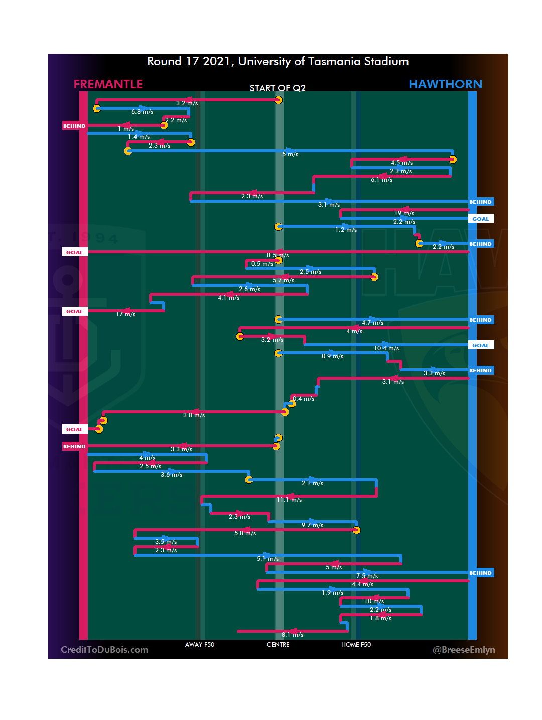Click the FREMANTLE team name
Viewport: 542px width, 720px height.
click(x=108, y=84)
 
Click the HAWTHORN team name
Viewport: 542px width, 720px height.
click(x=445, y=84)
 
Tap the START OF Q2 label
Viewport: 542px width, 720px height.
click(x=278, y=88)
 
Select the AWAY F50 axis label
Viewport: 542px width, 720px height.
click(x=200, y=645)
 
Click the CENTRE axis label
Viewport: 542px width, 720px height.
click(x=278, y=645)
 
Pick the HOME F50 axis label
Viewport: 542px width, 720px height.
click(x=356, y=645)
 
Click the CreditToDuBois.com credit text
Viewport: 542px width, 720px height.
click(x=104, y=650)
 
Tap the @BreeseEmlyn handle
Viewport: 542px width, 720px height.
click(x=464, y=650)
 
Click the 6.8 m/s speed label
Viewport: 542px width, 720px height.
click(x=143, y=112)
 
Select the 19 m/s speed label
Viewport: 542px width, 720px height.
click(x=404, y=213)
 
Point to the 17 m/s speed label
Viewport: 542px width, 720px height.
click(x=125, y=314)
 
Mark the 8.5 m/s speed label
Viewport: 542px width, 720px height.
click(x=278, y=255)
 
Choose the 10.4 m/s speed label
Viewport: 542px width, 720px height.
click(x=386, y=348)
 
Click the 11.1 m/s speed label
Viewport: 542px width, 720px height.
click(x=289, y=500)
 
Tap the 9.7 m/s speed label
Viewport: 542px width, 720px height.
click(x=312, y=525)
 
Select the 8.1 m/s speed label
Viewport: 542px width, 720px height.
click(x=292, y=635)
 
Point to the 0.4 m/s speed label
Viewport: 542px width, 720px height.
click(x=304, y=399)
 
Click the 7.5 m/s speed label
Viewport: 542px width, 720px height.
click(x=367, y=576)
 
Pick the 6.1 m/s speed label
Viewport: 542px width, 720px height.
click(x=381, y=180)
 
